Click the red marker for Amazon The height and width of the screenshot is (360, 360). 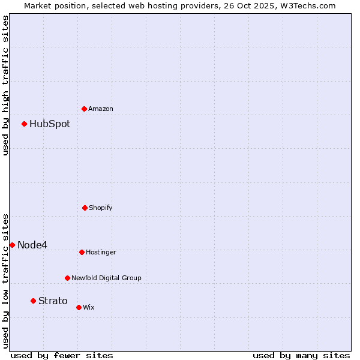85,109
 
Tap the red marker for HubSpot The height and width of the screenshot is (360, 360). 25,124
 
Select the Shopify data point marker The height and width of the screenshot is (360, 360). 85,208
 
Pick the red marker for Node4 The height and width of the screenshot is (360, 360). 12,245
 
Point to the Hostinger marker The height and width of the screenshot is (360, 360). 82,252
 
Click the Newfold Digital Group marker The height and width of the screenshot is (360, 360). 67,278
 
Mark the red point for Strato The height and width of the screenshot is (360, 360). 34,301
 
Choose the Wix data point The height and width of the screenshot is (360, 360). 79,307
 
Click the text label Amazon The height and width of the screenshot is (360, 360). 101,109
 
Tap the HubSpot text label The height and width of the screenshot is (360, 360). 50,124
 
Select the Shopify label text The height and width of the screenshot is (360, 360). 101,208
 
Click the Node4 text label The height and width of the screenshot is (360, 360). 32,245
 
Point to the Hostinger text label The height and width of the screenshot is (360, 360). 101,253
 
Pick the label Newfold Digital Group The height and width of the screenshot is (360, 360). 106,278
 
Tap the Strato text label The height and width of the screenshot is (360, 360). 53,301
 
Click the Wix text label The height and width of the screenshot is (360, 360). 89,308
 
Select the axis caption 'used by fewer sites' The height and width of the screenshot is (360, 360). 62,355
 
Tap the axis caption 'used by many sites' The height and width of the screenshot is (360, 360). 301,355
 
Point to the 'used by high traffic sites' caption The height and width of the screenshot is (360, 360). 5,85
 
